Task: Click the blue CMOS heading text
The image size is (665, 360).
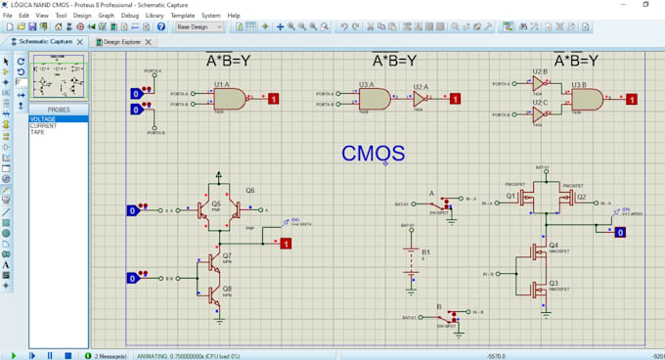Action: [x=373, y=153]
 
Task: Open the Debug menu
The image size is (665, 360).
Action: [x=129, y=16]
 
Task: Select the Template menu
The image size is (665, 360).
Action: [x=182, y=16]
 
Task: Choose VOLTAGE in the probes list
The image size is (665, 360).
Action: [x=44, y=119]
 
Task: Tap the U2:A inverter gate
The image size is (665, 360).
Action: [x=419, y=99]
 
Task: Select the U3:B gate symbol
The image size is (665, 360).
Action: [x=585, y=99]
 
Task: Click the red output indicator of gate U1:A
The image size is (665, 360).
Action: [x=274, y=99]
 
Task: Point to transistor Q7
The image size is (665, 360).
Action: [x=214, y=263]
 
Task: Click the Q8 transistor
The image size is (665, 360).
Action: [x=214, y=292]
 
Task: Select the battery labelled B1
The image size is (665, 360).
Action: [x=407, y=256]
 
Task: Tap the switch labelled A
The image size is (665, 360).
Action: [x=445, y=204]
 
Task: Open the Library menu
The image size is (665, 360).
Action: [x=155, y=16]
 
